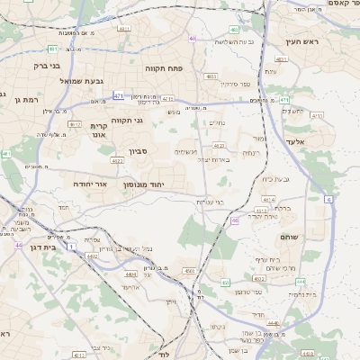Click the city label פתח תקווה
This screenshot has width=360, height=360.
(x=164, y=67)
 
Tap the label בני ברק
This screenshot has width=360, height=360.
(x=45, y=66)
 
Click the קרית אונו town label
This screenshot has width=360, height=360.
(x=99, y=131)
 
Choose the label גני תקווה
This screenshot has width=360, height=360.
(x=127, y=120)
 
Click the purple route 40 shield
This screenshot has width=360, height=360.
(x=193, y=39)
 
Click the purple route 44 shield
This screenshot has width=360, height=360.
(x=18, y=244)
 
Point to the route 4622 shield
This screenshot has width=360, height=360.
(x=117, y=161)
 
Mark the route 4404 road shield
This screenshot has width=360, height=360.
(x=130, y=273)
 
